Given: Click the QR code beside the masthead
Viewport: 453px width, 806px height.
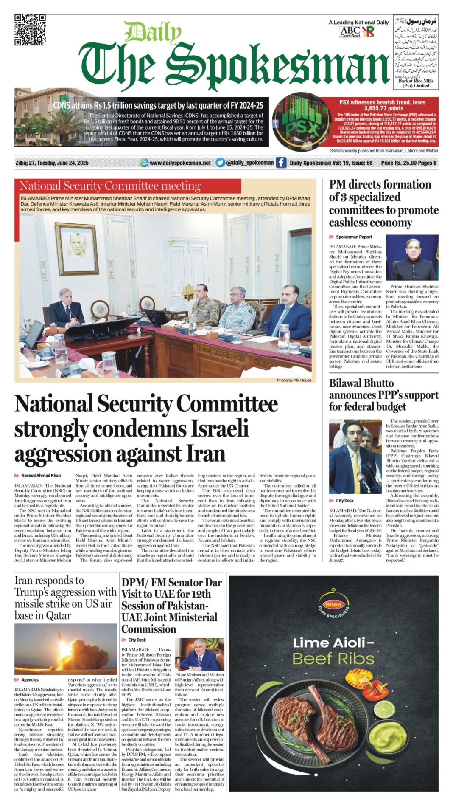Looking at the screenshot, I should click(30, 30).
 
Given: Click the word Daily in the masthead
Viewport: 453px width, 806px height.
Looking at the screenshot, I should click(153, 32).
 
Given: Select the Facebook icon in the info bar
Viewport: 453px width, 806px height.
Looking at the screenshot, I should click(281, 163).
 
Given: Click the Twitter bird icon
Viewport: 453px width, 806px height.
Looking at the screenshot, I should click(220, 163).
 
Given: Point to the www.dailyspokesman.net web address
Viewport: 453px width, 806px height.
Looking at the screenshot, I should click(180, 163).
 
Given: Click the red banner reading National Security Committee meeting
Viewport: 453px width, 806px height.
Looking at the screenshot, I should click(130, 186).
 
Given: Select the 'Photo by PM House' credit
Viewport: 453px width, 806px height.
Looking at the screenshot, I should click(294, 380).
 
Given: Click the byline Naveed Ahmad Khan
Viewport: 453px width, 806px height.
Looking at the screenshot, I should click(41, 476).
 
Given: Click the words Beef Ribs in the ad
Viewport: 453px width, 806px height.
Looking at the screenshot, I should click(333, 659).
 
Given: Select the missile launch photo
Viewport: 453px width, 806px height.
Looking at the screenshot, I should click(65, 649).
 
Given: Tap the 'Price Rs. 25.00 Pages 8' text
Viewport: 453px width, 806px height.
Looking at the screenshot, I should click(408, 163).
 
